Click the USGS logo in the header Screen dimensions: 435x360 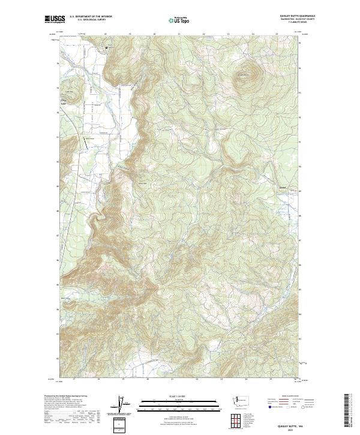(x=52, y=19)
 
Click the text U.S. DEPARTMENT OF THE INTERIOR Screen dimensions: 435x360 (x=87, y=16)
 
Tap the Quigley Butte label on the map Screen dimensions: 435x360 (x=242, y=74)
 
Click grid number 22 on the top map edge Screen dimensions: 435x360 (x=204, y=34)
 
